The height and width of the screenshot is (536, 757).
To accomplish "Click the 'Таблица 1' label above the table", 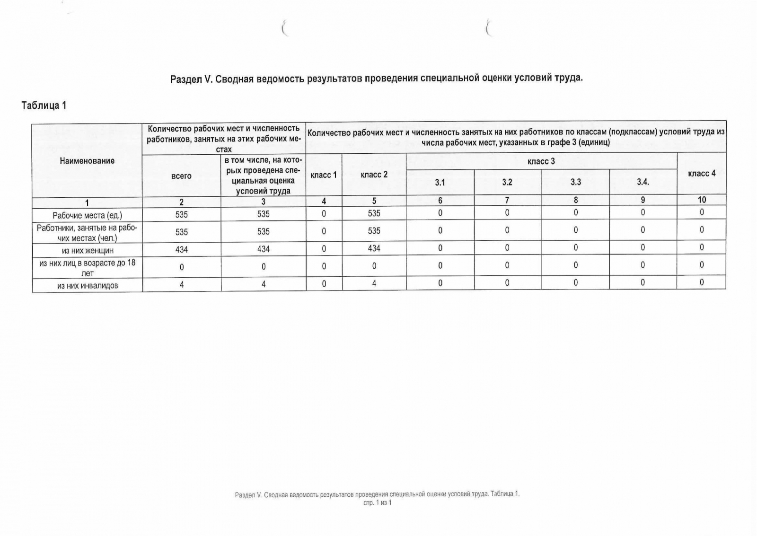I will tap(44, 105).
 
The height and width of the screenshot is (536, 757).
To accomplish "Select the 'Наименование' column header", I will tap(87, 161).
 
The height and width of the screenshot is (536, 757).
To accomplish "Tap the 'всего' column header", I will tap(181, 176).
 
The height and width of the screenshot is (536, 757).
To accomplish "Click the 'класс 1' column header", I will tap(324, 175).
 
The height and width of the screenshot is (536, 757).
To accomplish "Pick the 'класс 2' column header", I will tap(374, 175).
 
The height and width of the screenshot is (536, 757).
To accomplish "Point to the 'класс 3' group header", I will tap(541, 161).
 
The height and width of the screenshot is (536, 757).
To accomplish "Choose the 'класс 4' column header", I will tap(701, 174).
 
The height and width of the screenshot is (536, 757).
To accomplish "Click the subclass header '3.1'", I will tap(440, 182).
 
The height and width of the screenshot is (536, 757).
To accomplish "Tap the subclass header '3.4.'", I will tap(643, 182).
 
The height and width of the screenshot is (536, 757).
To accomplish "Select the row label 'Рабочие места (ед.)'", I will tap(87, 215).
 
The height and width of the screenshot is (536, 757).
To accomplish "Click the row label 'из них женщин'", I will tap(87, 250).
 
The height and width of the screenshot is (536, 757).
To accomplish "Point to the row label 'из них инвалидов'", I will tap(87, 285).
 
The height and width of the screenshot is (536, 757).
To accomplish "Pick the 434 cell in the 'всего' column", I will tap(181, 249).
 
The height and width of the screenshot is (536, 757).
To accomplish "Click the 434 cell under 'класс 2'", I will tap(374, 248).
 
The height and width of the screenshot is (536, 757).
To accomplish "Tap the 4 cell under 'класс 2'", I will tap(374, 283).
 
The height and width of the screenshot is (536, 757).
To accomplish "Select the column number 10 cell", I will tap(701, 200).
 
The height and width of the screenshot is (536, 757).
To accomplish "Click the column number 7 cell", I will tap(507, 200).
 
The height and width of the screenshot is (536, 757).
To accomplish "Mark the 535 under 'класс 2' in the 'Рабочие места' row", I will tap(374, 213).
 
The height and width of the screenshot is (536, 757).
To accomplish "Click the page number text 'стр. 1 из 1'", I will tap(377, 502).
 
